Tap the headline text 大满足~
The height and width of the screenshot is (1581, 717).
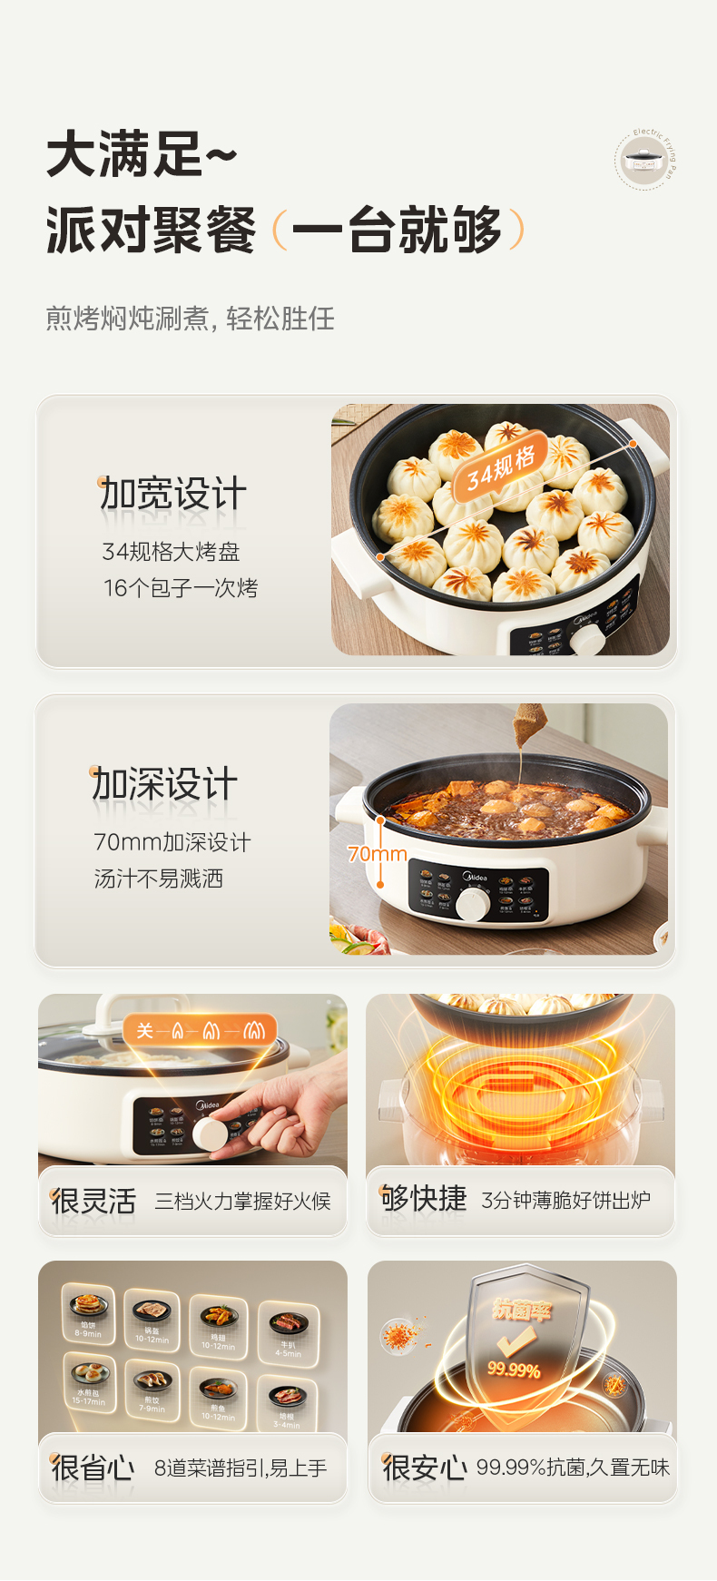142,154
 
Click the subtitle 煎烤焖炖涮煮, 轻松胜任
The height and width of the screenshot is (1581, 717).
191,319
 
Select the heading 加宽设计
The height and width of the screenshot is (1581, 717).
172,495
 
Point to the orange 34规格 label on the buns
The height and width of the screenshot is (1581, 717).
501,468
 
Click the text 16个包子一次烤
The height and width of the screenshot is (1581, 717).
181,588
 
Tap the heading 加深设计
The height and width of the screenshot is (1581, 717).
164,785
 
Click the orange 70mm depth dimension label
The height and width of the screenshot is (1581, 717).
377,854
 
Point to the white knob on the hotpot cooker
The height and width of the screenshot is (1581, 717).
473,904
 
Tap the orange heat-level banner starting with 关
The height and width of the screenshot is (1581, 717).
200,1030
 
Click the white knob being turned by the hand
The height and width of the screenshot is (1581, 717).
211,1134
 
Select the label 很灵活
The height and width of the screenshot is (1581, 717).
93,1201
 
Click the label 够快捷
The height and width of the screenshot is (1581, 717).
423,1199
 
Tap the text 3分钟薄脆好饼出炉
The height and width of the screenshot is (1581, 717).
565,1200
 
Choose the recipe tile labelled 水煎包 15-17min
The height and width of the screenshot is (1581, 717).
89,1380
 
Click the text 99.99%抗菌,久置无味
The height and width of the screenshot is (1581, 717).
573,1468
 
